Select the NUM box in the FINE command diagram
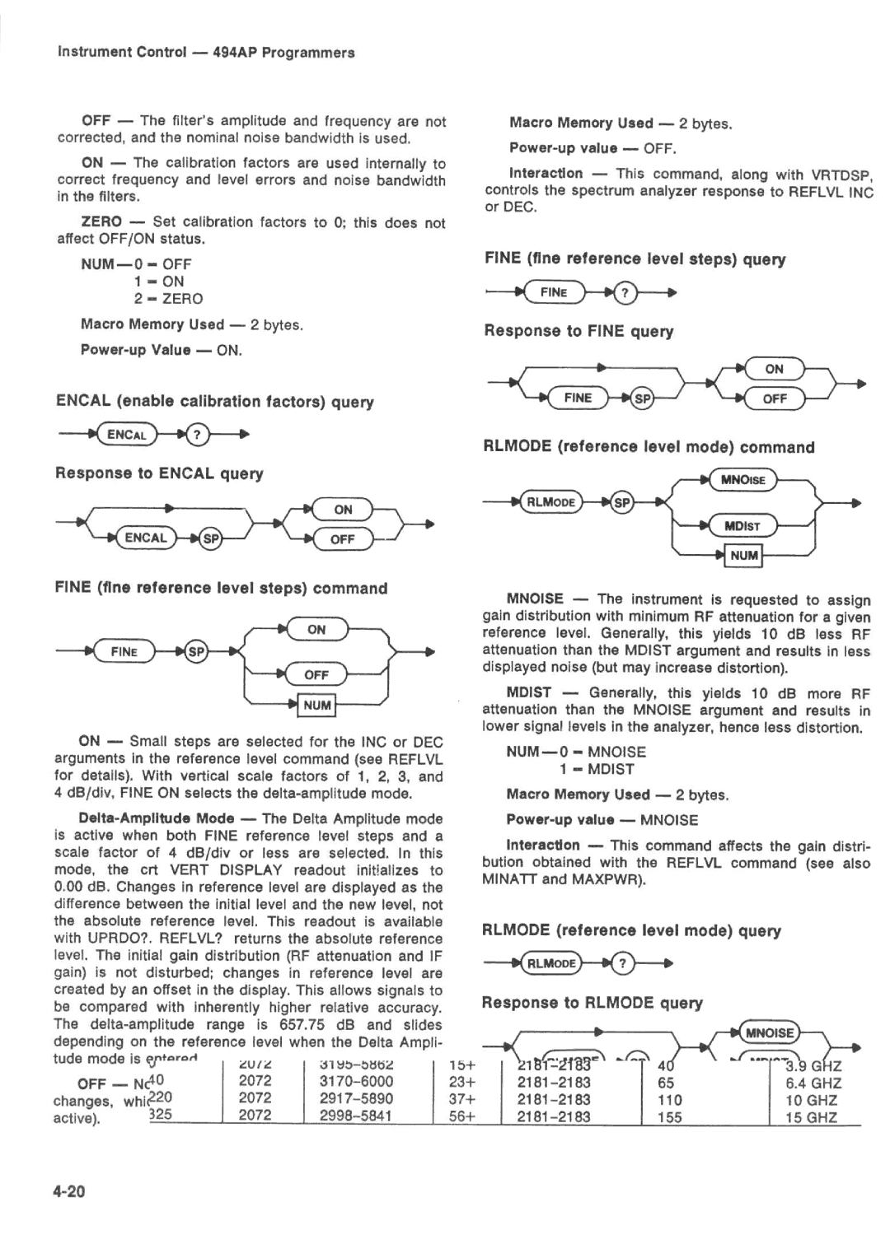(316, 706)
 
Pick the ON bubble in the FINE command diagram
(316, 630)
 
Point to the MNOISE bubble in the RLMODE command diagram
(742, 480)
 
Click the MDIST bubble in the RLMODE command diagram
(742, 526)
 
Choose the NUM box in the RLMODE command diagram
(743, 556)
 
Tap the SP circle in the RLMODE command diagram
(622, 503)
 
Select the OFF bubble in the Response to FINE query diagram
(775, 398)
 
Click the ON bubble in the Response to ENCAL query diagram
(343, 510)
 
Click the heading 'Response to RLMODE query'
(592, 1003)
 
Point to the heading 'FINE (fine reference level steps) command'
(221, 589)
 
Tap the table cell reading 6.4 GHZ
(813, 1083)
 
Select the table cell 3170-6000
(356, 1082)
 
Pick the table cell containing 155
(669, 1117)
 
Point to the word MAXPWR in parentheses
(615, 879)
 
